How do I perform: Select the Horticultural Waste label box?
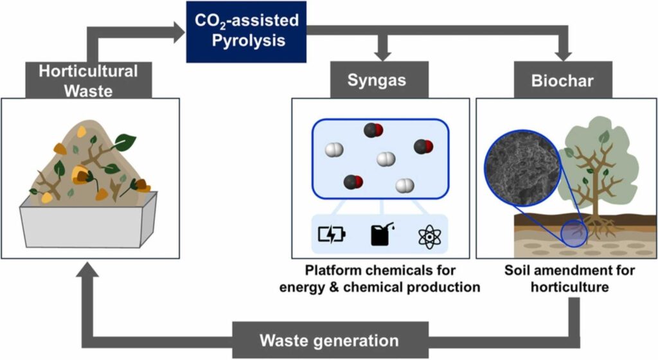pos(88,80)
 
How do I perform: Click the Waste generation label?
pos(329,339)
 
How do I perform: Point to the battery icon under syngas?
pos(332,236)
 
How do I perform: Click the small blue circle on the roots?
pos(575,232)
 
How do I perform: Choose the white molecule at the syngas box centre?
pos(385,158)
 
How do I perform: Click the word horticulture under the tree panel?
pos(569,287)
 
